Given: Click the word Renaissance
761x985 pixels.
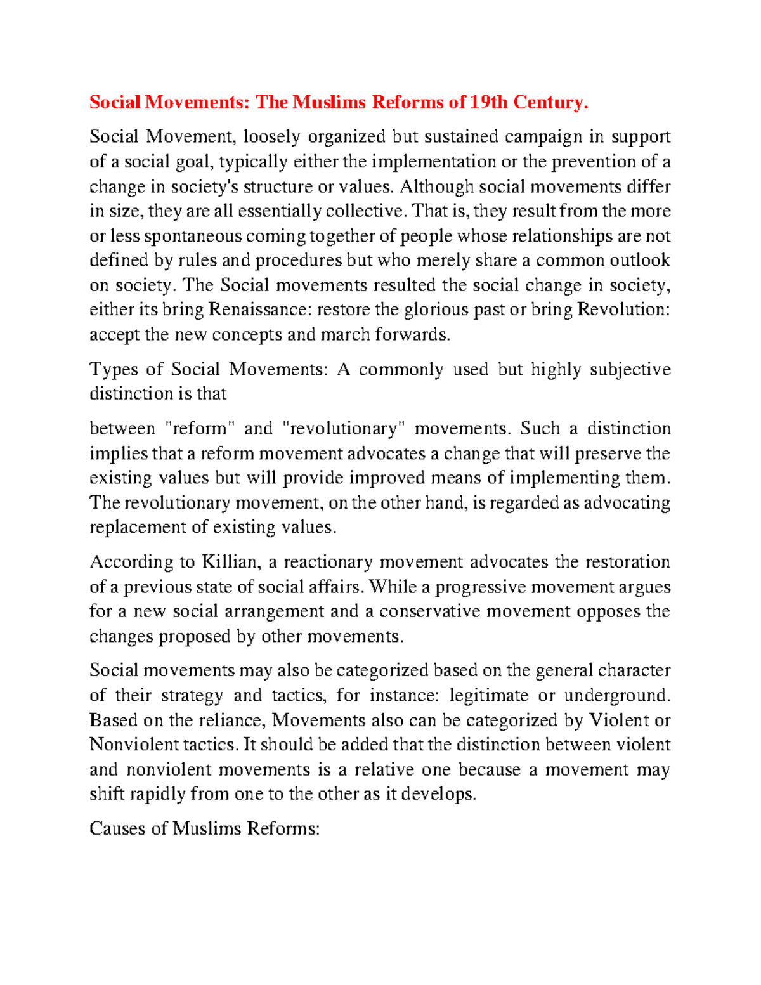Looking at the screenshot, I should point(259,310).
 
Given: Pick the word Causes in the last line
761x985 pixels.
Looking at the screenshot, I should point(117,828).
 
